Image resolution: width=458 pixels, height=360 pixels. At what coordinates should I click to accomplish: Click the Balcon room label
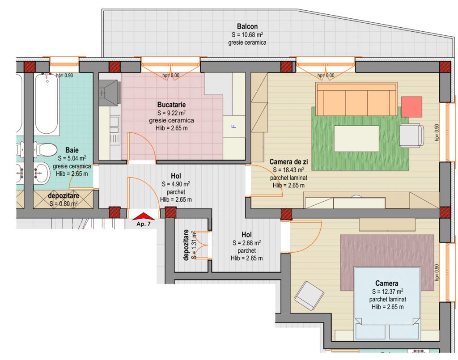tap(247, 26)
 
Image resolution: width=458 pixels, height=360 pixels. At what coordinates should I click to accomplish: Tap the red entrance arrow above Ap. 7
tap(144, 216)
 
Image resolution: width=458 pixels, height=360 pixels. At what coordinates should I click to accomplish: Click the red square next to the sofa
tap(411, 107)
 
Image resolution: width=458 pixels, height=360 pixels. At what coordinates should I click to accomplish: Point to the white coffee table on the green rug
tap(356, 138)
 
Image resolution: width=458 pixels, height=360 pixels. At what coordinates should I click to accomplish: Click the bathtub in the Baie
tap(47, 104)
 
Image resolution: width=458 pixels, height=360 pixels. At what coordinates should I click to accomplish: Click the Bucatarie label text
tap(171, 105)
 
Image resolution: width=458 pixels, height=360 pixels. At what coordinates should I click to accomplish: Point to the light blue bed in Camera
tap(388, 304)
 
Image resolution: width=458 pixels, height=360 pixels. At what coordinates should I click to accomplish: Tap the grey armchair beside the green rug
tap(411, 135)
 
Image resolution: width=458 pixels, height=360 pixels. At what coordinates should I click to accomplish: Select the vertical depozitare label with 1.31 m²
tap(190, 245)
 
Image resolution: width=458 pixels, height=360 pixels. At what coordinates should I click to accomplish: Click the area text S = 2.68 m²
tap(246, 243)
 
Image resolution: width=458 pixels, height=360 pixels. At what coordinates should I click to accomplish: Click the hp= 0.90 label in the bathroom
tap(64, 75)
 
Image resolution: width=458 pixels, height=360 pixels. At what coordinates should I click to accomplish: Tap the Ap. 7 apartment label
tap(144, 224)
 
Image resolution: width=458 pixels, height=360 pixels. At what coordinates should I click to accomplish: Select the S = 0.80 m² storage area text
tap(64, 203)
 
